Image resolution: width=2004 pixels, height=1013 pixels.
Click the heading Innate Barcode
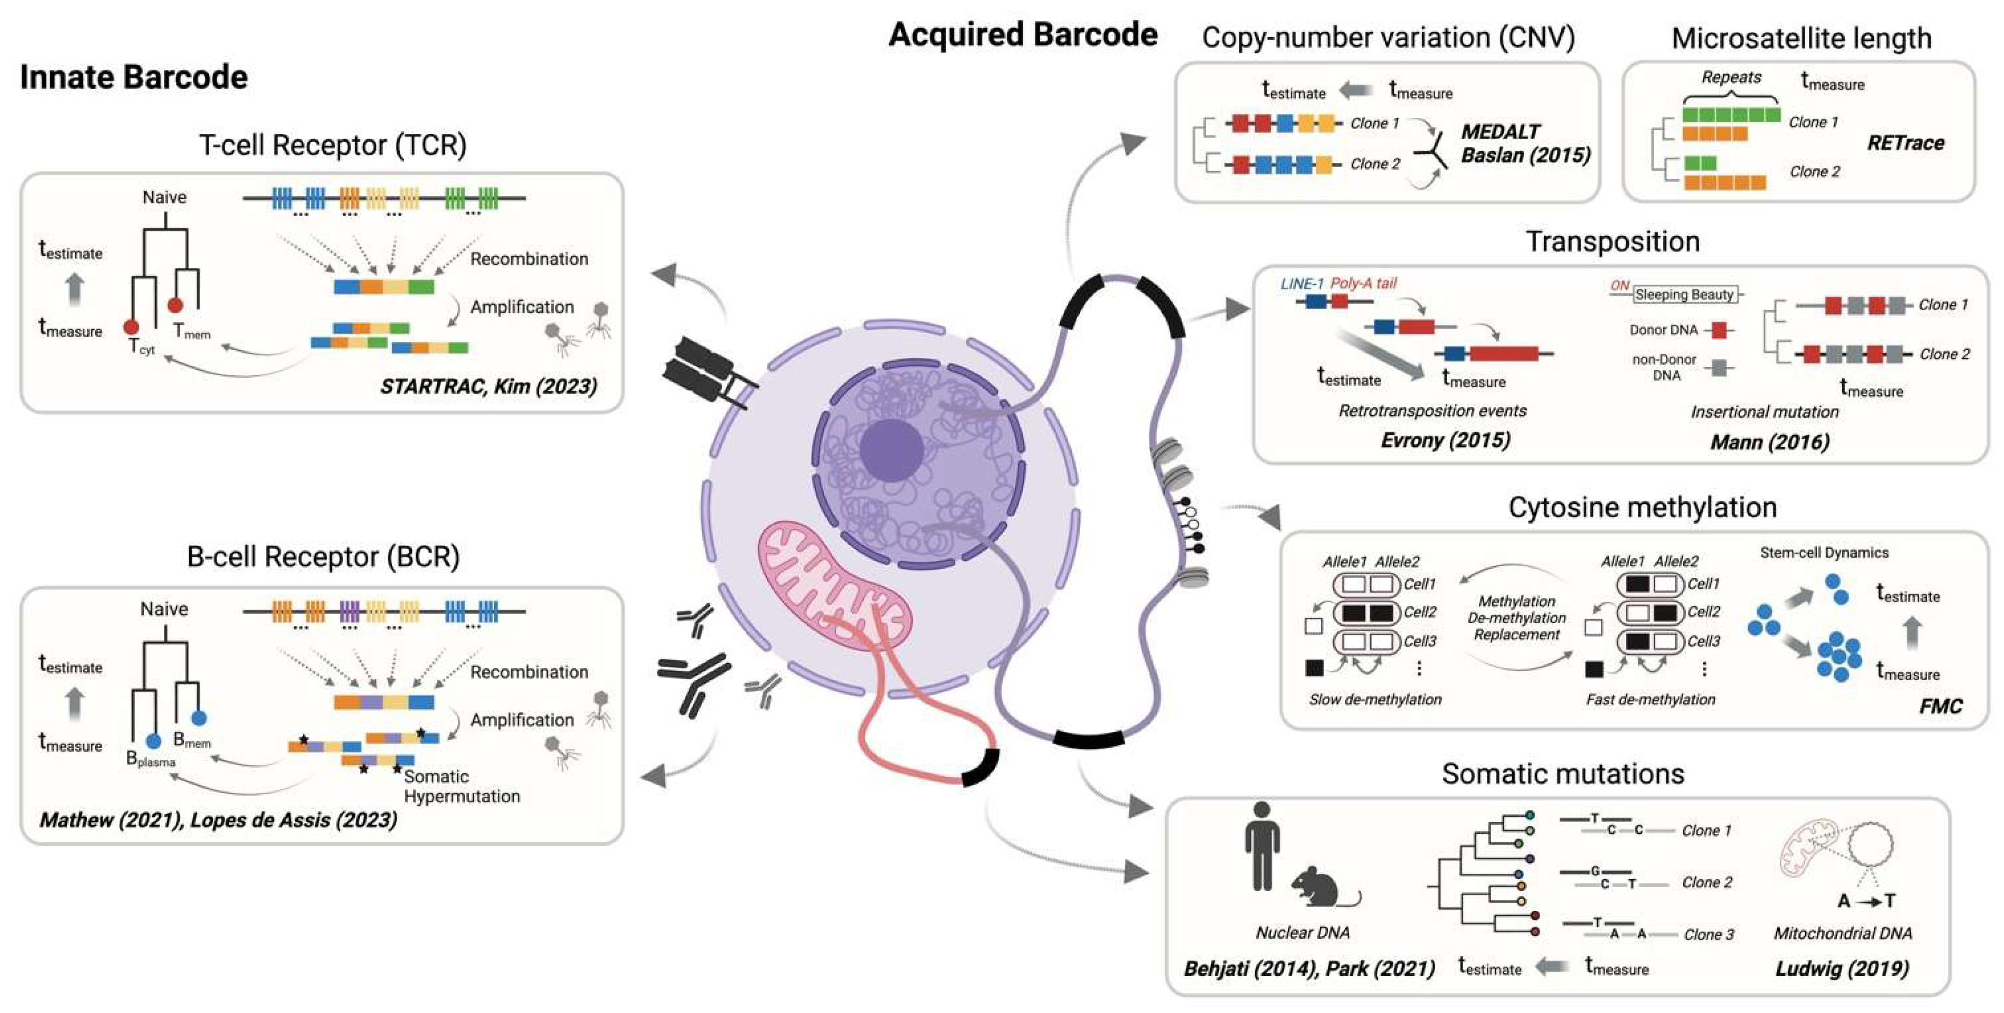click(134, 77)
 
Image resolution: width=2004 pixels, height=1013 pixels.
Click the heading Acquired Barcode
click(1022, 34)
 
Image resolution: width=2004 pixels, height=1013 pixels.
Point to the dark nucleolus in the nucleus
click(891, 450)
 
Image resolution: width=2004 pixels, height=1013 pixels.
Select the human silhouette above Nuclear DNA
click(1261, 846)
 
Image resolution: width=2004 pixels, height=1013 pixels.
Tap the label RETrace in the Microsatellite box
click(1905, 143)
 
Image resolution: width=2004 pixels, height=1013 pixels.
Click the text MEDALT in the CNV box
click(1500, 132)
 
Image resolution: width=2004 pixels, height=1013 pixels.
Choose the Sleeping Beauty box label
click(1684, 294)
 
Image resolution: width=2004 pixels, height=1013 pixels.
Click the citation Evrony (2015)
click(1444, 440)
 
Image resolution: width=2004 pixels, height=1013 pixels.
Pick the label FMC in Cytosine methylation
click(1940, 705)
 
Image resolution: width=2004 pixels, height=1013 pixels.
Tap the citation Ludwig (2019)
click(1842, 969)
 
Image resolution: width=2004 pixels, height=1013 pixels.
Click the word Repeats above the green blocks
click(1730, 77)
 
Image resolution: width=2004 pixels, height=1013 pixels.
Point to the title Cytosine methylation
click(1642, 507)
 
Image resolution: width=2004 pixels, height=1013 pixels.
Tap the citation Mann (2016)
click(1769, 442)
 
